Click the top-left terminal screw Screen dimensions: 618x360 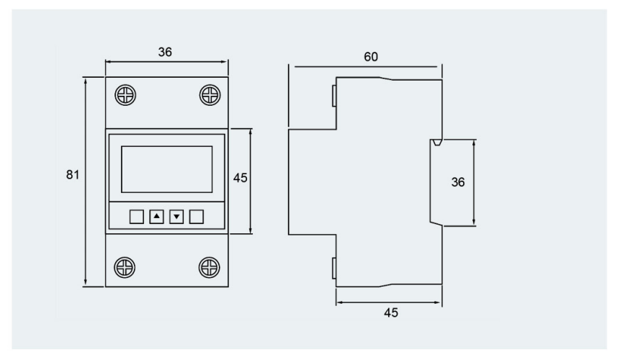tap(125, 95)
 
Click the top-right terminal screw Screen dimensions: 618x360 tap(210, 95)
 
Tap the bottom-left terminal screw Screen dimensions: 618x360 tap(125, 267)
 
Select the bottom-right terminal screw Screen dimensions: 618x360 tap(210, 267)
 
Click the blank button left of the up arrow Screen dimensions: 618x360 tap(137, 217)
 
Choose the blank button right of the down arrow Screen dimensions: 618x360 tap(197, 217)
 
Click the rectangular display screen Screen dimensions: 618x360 tap(166, 169)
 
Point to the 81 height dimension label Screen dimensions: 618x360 tap(73, 174)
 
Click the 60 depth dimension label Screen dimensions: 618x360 tap(371, 57)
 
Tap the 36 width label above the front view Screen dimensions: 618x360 tap(165, 52)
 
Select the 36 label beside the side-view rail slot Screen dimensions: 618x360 tap(458, 182)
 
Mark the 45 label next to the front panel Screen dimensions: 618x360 tap(241, 178)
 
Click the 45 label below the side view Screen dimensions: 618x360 tap(391, 312)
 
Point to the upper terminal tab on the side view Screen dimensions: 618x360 tap(334, 96)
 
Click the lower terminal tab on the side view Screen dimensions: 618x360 tap(334, 269)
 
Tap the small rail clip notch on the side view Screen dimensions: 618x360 tap(436, 143)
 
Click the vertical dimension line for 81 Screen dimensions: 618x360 tap(86, 181)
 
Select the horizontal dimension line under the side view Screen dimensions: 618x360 tap(389, 302)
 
